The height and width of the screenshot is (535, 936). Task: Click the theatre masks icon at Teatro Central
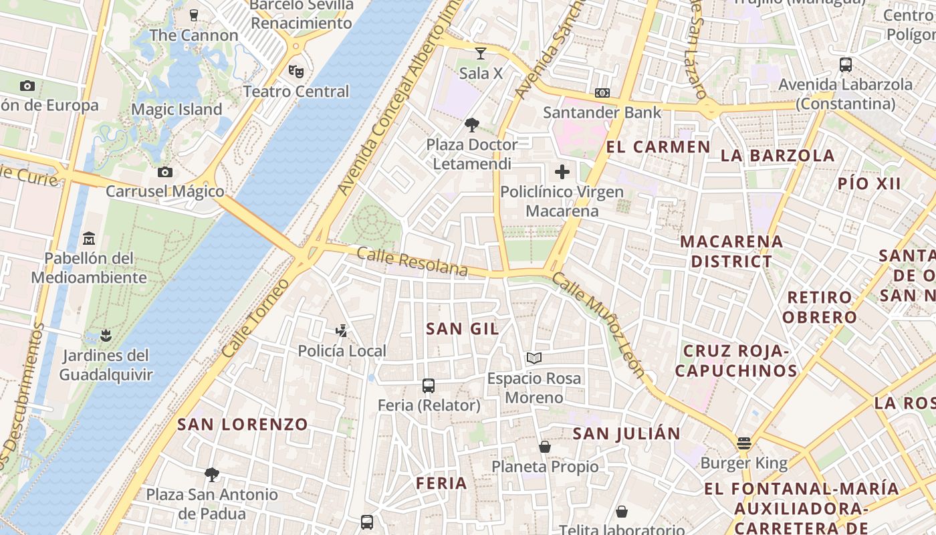(296, 70)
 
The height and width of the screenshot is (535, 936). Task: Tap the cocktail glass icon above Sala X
(480, 53)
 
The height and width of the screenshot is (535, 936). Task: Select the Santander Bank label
(602, 112)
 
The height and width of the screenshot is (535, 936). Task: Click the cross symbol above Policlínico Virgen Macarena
(562, 172)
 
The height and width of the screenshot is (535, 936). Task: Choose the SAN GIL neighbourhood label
(463, 328)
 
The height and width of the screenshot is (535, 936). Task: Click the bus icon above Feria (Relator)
(429, 386)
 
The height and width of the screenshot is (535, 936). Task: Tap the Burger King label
(744, 463)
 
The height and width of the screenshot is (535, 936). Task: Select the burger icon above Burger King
(744, 443)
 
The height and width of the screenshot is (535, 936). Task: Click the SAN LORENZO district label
(243, 424)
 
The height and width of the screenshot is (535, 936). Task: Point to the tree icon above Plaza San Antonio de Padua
(212, 475)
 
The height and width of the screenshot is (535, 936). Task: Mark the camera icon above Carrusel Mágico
(165, 172)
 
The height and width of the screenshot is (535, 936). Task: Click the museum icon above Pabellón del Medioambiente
(89, 239)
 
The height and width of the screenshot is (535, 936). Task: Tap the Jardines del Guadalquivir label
(106, 365)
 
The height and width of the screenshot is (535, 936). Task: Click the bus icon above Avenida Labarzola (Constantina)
(846, 65)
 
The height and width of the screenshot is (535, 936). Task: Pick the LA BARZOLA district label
(778, 156)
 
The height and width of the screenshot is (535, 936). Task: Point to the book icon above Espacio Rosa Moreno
(534, 358)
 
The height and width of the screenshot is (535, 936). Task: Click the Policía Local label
(342, 351)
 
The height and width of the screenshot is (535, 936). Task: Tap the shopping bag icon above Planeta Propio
(545, 447)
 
